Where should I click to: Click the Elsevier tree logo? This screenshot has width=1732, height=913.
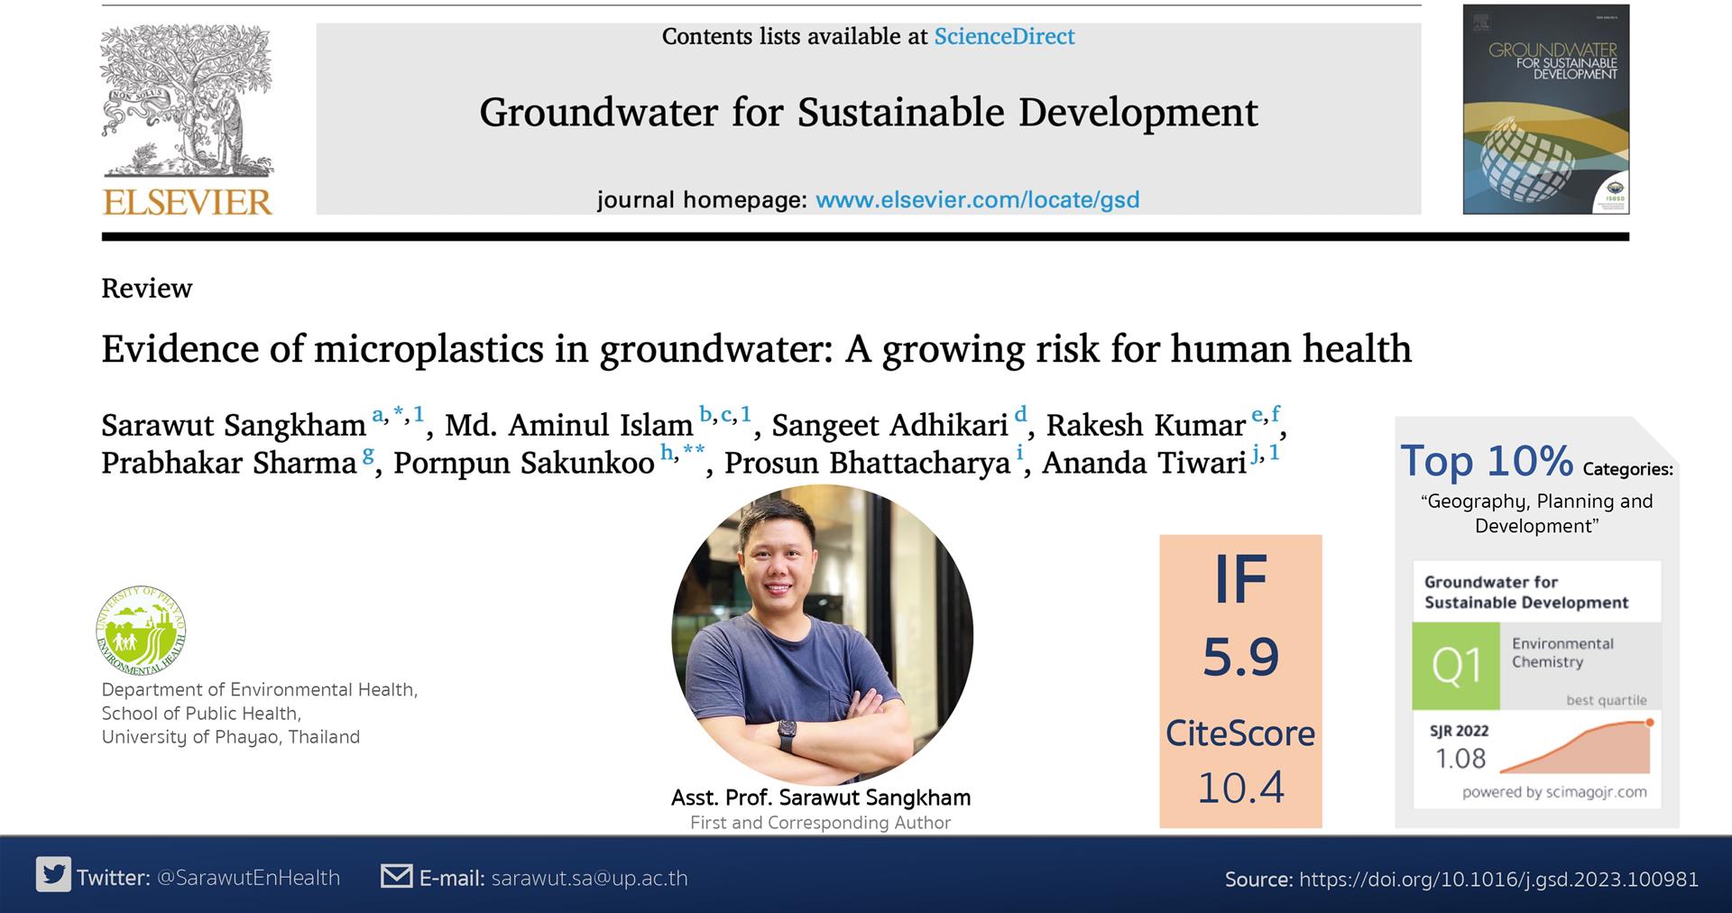(187, 102)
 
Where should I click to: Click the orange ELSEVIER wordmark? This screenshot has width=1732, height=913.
(188, 201)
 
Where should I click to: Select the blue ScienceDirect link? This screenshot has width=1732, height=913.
(1004, 36)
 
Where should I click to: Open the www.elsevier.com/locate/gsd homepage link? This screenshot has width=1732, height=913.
(977, 199)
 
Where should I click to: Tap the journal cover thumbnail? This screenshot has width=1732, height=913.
(1546, 109)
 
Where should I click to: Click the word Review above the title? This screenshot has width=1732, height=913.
(147, 289)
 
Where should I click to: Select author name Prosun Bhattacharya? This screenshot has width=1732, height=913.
(867, 463)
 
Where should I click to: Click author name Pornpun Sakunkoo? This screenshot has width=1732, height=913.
(524, 463)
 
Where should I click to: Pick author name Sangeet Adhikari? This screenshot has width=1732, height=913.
(889, 425)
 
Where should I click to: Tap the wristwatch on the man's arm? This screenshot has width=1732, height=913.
(787, 735)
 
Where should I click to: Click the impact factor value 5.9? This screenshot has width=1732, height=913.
(1241, 657)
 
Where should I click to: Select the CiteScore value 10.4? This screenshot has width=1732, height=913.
(1240, 788)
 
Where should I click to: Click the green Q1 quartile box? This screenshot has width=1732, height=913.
(1456, 666)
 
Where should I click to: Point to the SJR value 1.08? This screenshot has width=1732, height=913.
(1460, 758)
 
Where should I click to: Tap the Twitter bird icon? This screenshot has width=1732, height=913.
(54, 875)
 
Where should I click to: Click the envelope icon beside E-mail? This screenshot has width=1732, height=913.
(397, 876)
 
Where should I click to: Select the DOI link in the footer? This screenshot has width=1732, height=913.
(1499, 880)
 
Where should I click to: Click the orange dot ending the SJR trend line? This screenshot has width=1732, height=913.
(1650, 722)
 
